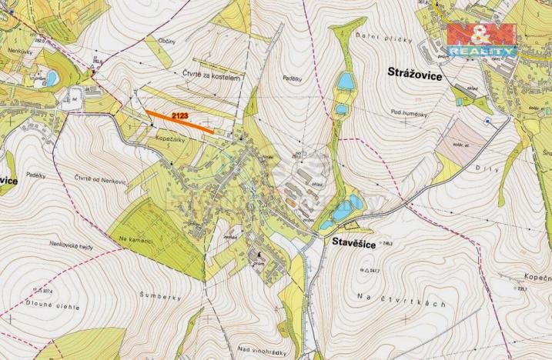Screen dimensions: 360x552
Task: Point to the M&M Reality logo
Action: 482,41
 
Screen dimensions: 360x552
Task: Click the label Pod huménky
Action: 408,114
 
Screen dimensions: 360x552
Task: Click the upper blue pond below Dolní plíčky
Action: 346,81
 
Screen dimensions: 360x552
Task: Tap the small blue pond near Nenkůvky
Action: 52,78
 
